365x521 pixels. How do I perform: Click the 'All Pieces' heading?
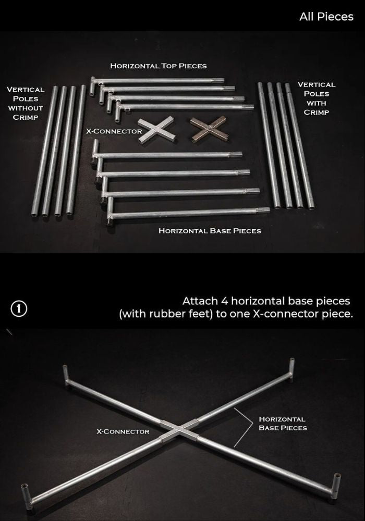click(x=326, y=17)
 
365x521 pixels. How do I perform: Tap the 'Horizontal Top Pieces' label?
click(x=158, y=66)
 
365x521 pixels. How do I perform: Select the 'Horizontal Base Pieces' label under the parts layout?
click(x=210, y=231)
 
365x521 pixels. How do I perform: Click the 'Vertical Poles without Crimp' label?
click(x=25, y=103)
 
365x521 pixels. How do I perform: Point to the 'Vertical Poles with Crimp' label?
click(x=316, y=98)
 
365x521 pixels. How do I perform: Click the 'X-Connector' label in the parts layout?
click(x=114, y=131)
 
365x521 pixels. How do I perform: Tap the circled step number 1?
click(x=19, y=308)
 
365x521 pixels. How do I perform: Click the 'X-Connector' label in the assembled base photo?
click(x=123, y=431)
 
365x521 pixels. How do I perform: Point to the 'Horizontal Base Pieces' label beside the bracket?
click(x=283, y=423)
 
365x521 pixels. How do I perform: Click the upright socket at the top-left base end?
click(x=66, y=376)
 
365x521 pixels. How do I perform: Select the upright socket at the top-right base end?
click(x=291, y=369)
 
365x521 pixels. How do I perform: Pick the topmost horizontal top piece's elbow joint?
click(x=93, y=85)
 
